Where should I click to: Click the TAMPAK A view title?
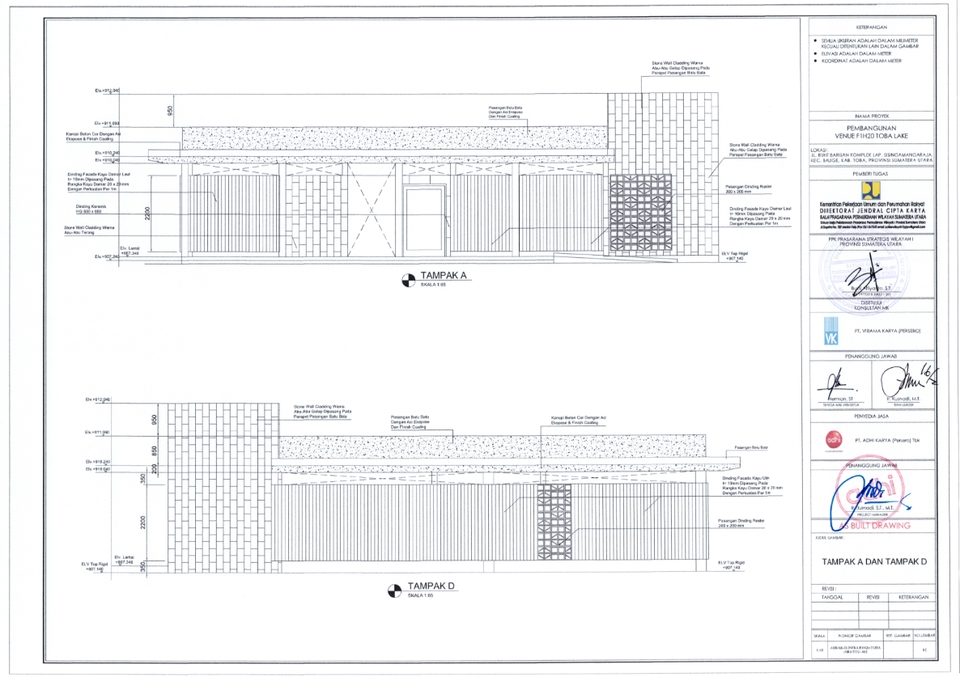445,275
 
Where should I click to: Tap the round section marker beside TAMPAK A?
406,280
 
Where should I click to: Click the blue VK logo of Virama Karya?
829,330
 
